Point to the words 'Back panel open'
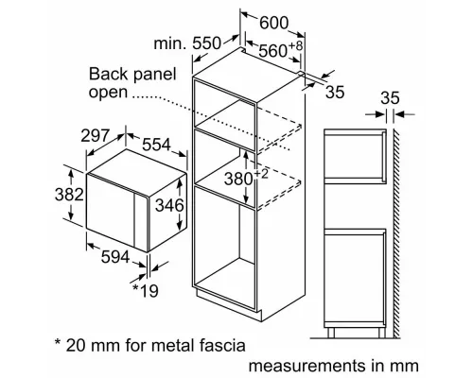[x=120, y=84]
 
